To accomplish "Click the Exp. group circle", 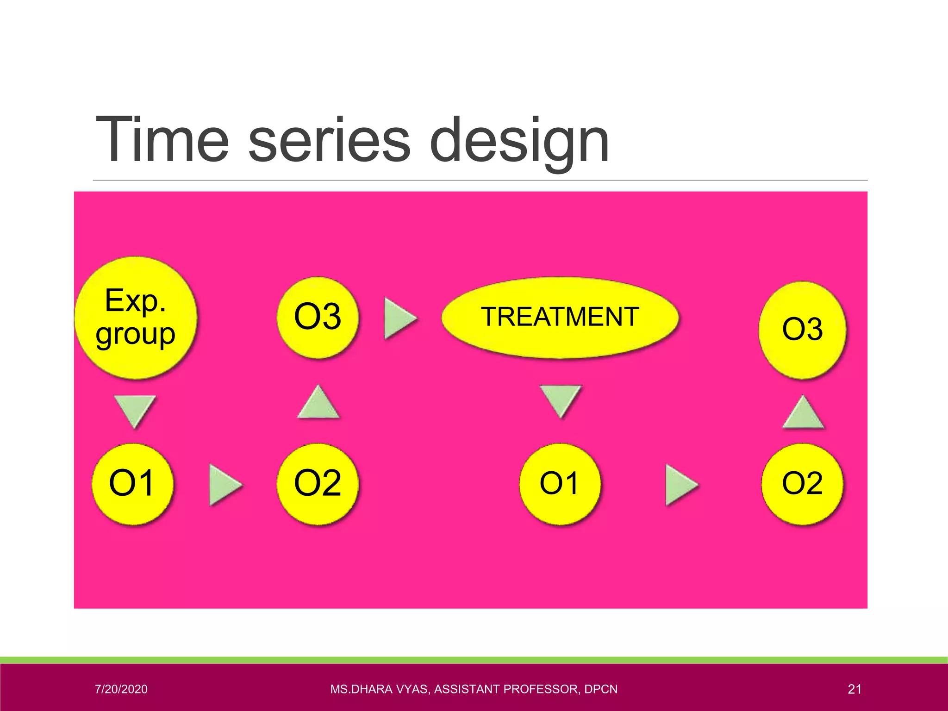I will coord(136,318).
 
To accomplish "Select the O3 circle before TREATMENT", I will coord(318,318).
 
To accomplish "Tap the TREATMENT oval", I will coord(560,318).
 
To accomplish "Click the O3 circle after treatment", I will coord(802,330).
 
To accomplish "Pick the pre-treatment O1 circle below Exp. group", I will coord(133,484).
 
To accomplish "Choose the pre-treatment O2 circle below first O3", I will coord(318,484).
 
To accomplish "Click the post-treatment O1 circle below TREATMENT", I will coord(560,484).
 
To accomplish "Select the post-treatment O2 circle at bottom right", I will coord(802,484).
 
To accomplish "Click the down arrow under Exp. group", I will coord(135,410).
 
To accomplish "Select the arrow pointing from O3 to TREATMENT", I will coord(399,318).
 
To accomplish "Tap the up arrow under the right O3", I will coord(803,413).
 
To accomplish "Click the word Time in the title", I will coord(162,140).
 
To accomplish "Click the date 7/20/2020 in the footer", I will coord(121,689).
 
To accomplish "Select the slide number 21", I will coord(854,689).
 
